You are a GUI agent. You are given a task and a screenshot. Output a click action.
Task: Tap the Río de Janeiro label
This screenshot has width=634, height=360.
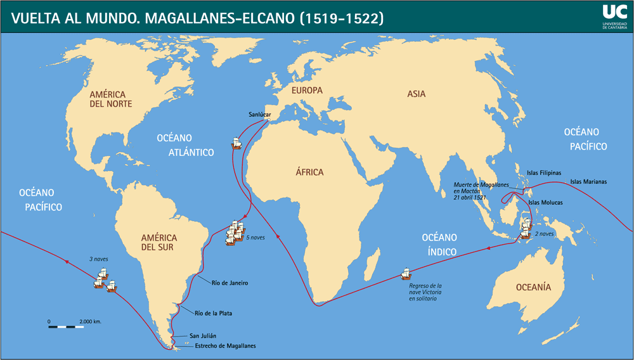[230, 283]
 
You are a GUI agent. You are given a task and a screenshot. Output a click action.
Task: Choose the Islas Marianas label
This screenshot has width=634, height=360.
[588, 182]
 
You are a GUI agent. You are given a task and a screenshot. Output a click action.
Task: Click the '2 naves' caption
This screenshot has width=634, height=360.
[544, 234]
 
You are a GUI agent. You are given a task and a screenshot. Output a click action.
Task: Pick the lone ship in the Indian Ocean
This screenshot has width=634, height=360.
[406, 274]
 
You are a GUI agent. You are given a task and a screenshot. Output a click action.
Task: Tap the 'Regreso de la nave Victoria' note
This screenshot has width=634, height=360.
[425, 292]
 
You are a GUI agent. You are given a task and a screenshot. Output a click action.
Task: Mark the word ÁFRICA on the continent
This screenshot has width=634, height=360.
[309, 172]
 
